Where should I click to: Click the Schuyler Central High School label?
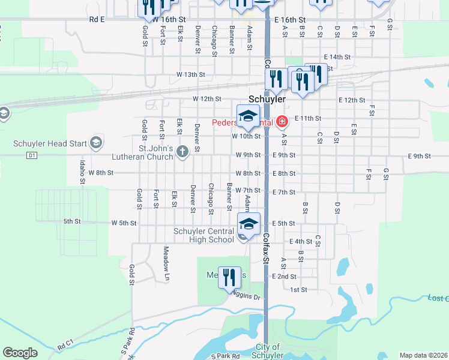203,236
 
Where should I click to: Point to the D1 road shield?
32,155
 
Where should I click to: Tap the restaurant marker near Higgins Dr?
229,278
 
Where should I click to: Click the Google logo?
20,353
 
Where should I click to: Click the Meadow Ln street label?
166,263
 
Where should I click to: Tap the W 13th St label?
191,74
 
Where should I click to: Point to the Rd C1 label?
65,347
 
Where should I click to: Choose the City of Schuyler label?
267,351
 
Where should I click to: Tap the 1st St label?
298,290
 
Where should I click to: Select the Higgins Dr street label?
247,296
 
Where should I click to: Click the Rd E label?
97,19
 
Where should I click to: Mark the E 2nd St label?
285,277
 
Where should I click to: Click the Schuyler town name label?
267,98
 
